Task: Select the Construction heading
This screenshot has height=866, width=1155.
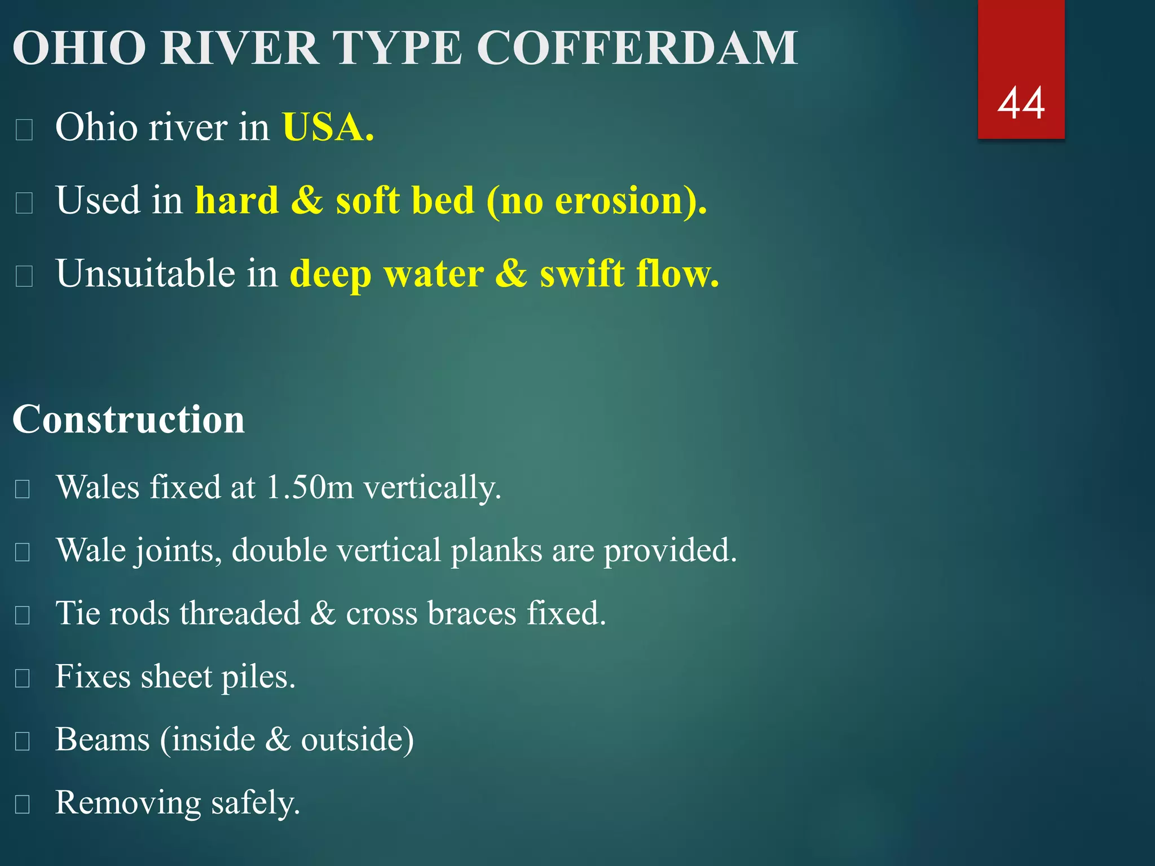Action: coord(129,419)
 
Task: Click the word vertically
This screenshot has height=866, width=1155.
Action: coord(432,488)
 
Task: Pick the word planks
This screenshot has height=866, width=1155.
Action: coord(496,550)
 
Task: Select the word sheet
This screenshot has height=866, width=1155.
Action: coord(175,676)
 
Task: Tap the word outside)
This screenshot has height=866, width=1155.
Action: coord(358,740)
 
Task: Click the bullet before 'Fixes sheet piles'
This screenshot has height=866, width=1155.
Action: coord(23,678)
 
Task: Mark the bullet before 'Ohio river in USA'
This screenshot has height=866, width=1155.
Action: coord(24,130)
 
